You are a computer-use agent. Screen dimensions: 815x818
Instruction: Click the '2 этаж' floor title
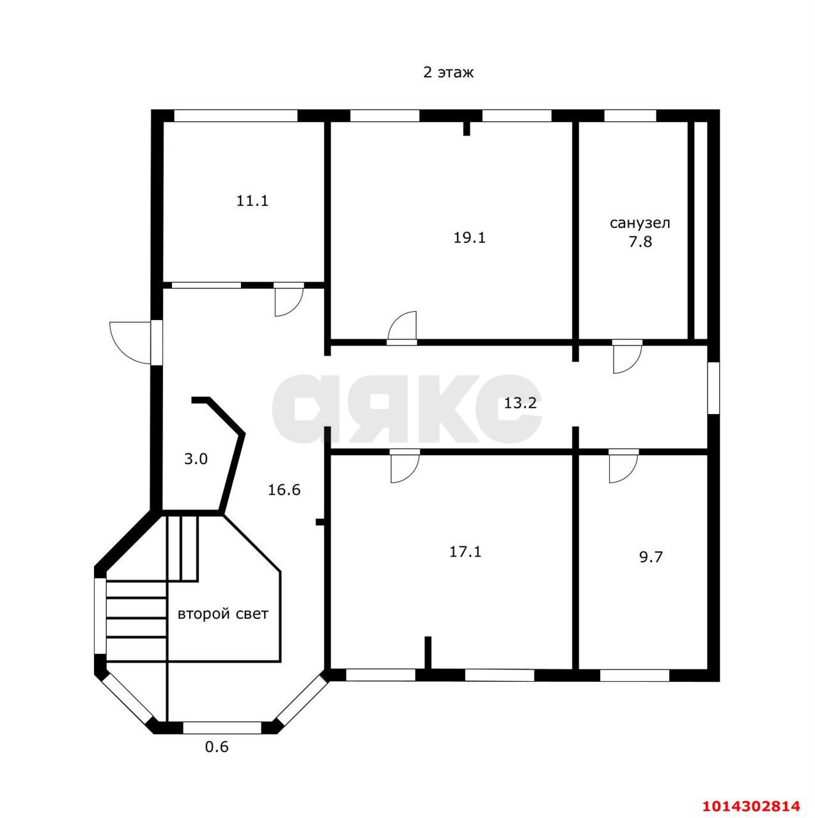coord(448,73)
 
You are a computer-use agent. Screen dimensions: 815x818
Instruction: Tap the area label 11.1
coord(252,201)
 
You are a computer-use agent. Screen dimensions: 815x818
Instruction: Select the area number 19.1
coord(469,238)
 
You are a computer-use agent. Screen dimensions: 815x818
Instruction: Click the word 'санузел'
coord(640,223)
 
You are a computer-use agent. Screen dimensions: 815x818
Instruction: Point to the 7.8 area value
coord(640,242)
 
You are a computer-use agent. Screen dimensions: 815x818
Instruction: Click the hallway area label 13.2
coord(520,403)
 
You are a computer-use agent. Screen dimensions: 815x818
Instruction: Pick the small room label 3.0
coord(196,459)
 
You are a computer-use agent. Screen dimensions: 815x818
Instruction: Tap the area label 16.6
coord(284,490)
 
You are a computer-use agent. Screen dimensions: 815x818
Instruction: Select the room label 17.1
coord(465,552)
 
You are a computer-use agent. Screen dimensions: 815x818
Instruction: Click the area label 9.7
coord(651,557)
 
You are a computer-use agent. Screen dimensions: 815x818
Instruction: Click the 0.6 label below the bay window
coord(217,759)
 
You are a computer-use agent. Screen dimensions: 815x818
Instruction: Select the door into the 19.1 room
coord(402,327)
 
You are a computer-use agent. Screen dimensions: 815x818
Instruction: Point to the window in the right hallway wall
coord(713,387)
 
